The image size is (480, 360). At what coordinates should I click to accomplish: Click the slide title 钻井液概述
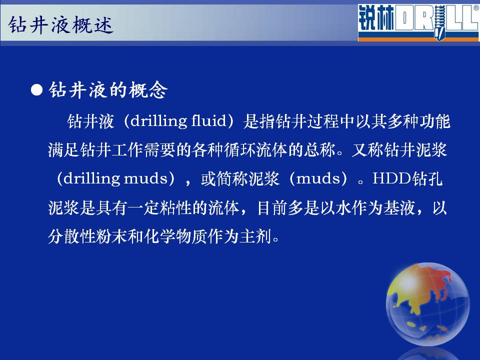point(61,25)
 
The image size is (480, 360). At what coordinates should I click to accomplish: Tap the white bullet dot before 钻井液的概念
point(36,90)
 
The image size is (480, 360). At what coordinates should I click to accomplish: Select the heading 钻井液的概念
point(108,90)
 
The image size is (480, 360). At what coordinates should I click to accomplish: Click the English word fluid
point(208,120)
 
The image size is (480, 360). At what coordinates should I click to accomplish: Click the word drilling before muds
point(91,178)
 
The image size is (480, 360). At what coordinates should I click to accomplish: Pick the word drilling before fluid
point(158,121)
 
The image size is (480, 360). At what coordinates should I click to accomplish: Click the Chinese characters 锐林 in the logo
point(376,18)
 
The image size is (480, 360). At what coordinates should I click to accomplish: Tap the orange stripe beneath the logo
point(418,39)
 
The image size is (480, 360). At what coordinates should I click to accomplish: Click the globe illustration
point(427,304)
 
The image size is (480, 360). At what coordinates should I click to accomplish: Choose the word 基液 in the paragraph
point(399,207)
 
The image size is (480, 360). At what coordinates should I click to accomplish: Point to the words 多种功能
point(418,121)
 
